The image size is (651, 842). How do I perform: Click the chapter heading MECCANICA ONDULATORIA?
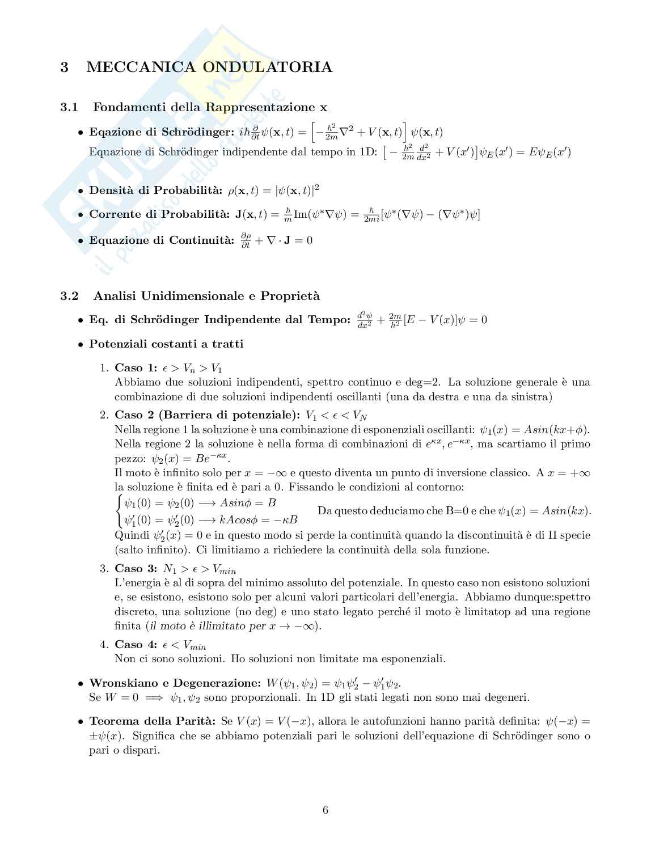coord(209,67)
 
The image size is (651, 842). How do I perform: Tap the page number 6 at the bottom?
coord(325,810)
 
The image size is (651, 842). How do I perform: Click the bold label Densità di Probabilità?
coord(156,190)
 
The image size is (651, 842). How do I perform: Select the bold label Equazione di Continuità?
coord(161,240)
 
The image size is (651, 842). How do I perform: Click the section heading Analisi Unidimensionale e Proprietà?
coord(206,295)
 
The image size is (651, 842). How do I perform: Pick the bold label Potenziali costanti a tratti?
coord(166,344)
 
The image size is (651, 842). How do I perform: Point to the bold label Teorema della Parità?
coord(152,721)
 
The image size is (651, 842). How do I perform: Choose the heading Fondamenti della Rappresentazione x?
coord(210,107)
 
